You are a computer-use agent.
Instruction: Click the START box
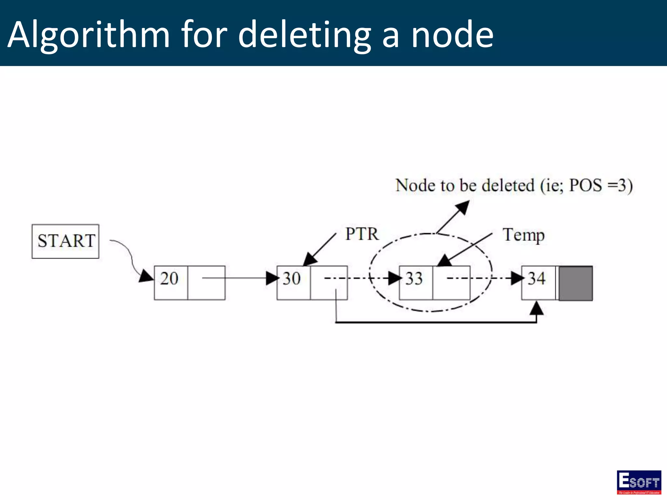(65, 241)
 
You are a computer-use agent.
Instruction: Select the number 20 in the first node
(169, 279)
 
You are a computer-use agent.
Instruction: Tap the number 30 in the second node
(291, 279)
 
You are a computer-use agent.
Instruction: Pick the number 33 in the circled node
(414, 279)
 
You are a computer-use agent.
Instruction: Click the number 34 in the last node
(536, 279)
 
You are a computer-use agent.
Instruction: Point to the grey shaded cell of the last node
(575, 283)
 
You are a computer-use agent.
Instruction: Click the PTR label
(362, 234)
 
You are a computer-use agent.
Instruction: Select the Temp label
(523, 235)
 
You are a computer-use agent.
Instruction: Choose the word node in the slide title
(452, 34)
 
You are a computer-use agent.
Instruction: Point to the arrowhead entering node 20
(146, 276)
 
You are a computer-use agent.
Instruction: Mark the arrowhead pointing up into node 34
(536, 308)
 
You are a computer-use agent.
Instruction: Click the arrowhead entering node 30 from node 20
(272, 278)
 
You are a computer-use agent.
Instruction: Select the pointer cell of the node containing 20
(206, 283)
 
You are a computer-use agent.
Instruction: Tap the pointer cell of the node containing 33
(451, 283)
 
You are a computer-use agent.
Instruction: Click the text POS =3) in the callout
(601, 186)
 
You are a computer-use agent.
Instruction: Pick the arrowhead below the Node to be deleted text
(463, 207)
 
